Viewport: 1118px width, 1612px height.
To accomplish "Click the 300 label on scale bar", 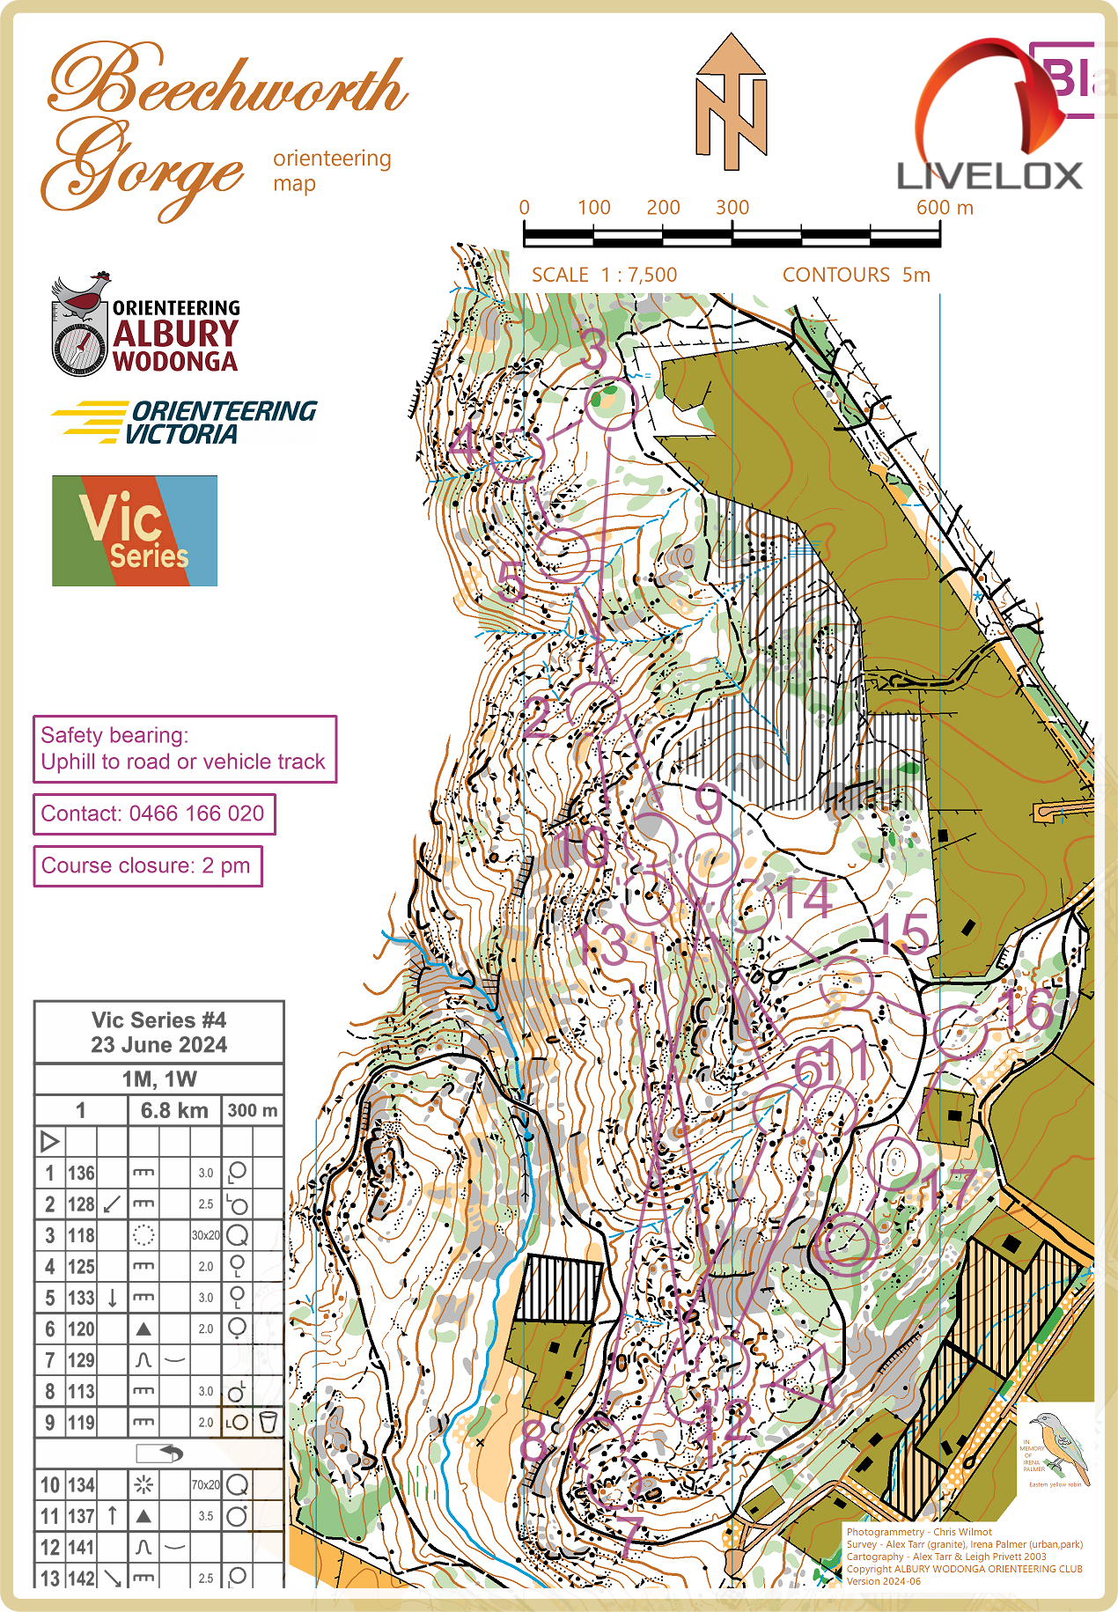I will tap(732, 208).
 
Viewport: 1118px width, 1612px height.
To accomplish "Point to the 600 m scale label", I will tap(944, 208).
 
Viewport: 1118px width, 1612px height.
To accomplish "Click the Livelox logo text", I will tap(989, 176).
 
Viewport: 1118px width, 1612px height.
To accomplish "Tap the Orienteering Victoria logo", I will tap(185, 422).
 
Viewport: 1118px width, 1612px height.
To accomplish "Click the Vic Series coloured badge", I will tap(135, 531).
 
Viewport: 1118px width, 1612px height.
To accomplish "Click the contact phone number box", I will tap(154, 813).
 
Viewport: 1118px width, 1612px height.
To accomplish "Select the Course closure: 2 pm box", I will tap(147, 865).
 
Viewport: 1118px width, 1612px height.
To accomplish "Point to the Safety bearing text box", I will tap(184, 748).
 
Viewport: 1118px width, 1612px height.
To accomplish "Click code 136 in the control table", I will tap(81, 1173).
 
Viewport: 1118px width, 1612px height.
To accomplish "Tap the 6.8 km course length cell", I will tap(174, 1110).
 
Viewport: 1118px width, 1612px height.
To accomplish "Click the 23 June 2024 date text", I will tap(158, 1045).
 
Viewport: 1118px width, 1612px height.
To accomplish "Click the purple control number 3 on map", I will tap(595, 350).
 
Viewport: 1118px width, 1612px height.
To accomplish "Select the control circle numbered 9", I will tap(711, 859).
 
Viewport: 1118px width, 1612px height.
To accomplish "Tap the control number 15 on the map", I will tap(902, 932).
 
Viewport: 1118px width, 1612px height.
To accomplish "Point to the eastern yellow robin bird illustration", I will tap(1060, 1445).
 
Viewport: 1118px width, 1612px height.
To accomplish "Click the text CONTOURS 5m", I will tap(856, 275).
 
